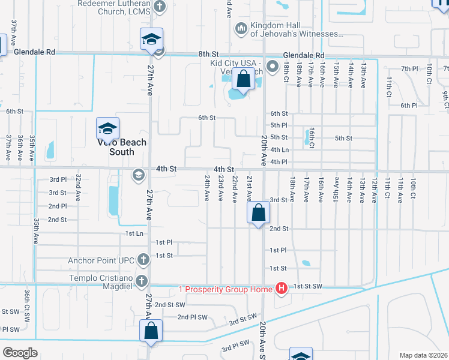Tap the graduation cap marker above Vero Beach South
click(x=108, y=128)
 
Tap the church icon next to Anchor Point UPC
click(x=143, y=260)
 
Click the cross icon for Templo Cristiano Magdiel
click(x=142, y=280)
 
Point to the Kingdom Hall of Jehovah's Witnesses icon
click(x=241, y=28)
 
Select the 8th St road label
click(x=208, y=54)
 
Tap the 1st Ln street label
click(x=134, y=233)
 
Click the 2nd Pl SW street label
click(x=192, y=317)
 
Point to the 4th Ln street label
click(x=280, y=149)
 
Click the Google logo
click(x=20, y=353)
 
